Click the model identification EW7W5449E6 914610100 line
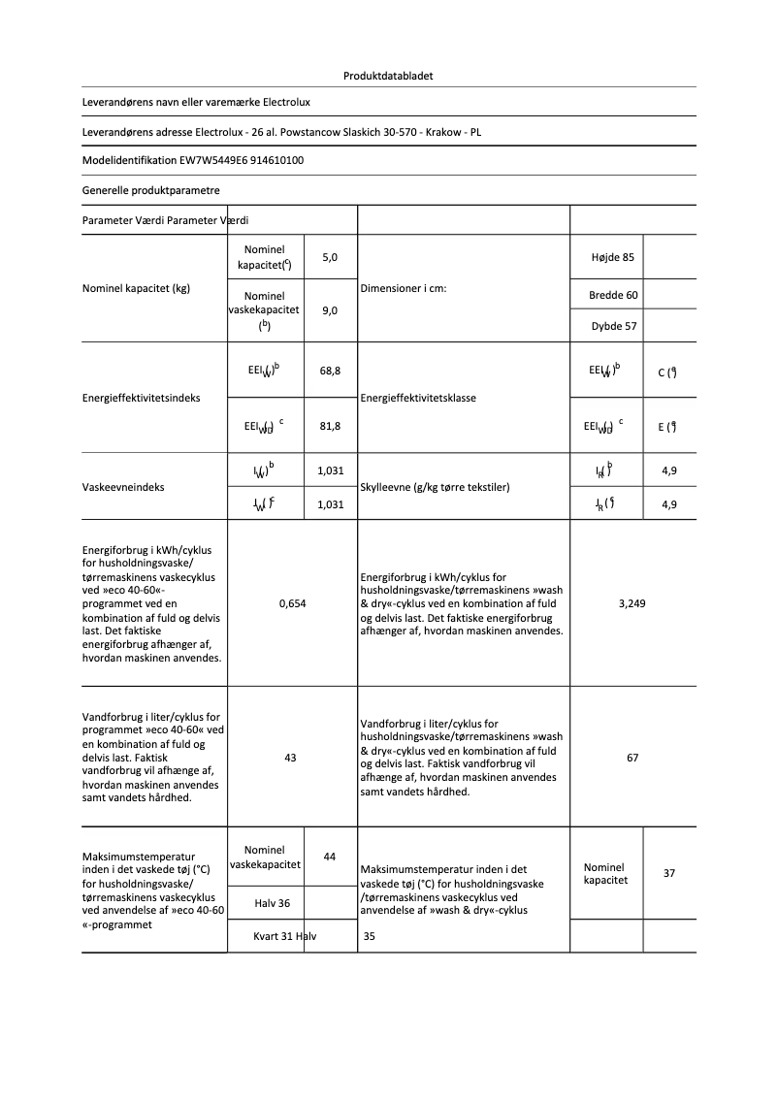click(193, 160)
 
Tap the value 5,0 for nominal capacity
click(330, 257)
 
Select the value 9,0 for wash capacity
click(330, 310)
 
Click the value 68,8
click(330, 372)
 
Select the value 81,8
click(330, 425)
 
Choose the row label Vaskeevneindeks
click(123, 487)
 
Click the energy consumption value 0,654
click(292, 603)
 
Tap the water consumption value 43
click(290, 758)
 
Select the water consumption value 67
click(632, 758)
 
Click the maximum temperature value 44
click(330, 857)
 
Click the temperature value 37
click(669, 873)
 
